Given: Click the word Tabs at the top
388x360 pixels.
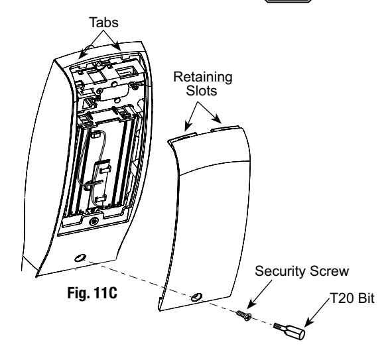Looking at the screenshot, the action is pos(103,23).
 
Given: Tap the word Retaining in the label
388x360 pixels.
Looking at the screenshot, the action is pos(203,78).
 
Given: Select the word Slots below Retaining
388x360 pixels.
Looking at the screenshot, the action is pos(202,90).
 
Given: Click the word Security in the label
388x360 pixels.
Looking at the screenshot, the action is pos(280,271).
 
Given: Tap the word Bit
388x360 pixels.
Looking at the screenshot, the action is pos(366,298).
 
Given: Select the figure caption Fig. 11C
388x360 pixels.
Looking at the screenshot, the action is pos(92,293).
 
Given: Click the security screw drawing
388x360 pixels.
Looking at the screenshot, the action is pos(244,316).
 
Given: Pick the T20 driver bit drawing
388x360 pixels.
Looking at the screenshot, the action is pos(290,331).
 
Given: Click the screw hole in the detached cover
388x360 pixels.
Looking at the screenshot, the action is pos(197,296).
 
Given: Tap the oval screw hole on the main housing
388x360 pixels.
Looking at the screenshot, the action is pos(80,258).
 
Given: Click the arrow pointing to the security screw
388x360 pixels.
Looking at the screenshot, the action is pos(259,294).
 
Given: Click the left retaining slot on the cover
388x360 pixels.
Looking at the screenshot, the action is pos(182,137).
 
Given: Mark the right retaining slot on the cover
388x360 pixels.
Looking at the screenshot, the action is pos(225,128).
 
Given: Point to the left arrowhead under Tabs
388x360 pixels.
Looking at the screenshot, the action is pos(82,54).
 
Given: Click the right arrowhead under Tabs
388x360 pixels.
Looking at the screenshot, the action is pos(117,46).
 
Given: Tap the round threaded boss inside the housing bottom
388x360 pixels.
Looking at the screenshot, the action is pos(94,221).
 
